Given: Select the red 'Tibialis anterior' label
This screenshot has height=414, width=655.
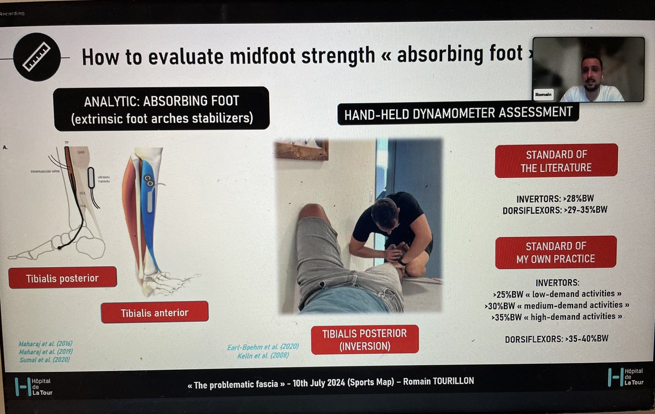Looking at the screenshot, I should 154,312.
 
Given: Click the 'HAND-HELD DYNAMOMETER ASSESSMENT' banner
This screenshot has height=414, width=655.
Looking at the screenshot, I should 457,113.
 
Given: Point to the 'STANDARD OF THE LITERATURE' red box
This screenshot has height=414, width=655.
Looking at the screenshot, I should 556,161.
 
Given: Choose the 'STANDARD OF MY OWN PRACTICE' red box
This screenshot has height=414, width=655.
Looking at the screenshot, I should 556,252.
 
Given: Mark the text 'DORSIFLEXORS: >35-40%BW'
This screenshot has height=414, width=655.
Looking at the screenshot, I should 556,339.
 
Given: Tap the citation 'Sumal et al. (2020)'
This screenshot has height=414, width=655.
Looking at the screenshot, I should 45,359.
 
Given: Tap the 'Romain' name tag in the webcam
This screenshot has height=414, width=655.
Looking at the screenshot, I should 544,93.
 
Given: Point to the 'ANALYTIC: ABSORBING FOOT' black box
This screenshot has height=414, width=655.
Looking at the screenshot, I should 161,108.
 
